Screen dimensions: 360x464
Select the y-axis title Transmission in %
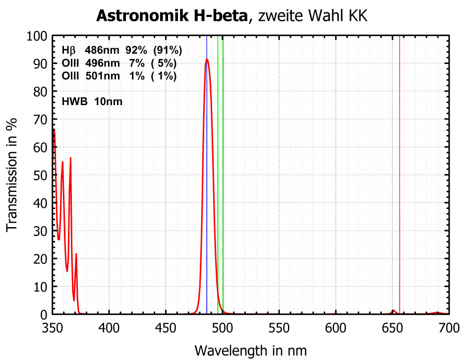(x=12, y=174)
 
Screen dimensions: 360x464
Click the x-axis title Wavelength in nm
(x=250, y=350)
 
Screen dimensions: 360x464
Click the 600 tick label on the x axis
(x=336, y=328)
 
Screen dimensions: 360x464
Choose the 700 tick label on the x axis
(x=448, y=328)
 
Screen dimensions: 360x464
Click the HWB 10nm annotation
(x=92, y=102)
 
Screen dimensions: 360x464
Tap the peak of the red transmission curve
(x=207, y=60)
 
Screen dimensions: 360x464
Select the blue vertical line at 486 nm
(x=207, y=198)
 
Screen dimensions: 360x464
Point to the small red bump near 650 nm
(x=393, y=311)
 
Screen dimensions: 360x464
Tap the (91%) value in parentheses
(x=168, y=50)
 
